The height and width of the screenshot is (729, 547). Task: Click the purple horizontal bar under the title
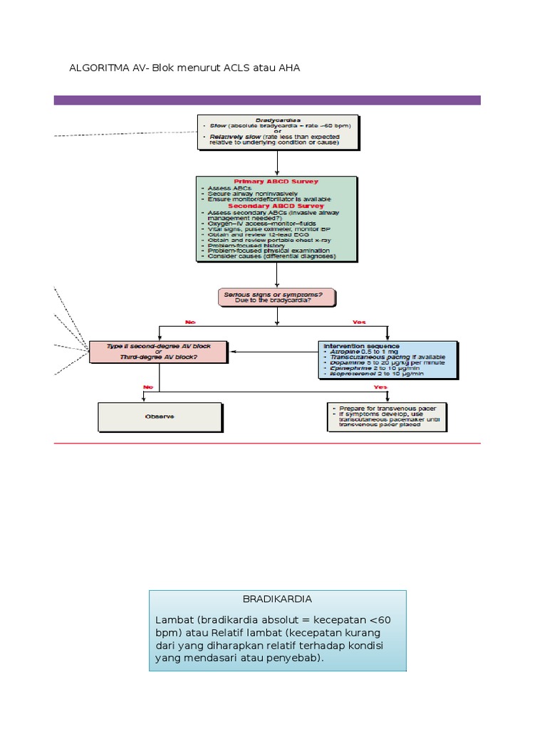click(267, 100)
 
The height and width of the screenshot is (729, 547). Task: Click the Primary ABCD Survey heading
click(276, 182)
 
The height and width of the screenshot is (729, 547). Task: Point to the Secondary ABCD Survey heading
click(276, 206)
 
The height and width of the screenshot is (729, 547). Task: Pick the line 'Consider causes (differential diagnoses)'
click(271, 256)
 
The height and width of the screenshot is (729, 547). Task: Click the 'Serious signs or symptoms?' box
click(276, 297)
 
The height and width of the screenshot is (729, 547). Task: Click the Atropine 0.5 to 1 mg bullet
click(362, 351)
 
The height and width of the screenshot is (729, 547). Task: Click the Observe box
click(159, 416)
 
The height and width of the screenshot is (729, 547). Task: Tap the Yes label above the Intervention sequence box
click(359, 322)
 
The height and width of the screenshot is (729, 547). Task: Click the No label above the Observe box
click(148, 387)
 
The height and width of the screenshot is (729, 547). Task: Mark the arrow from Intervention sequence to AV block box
click(274, 351)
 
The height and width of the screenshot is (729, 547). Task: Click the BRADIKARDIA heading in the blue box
click(277, 599)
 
